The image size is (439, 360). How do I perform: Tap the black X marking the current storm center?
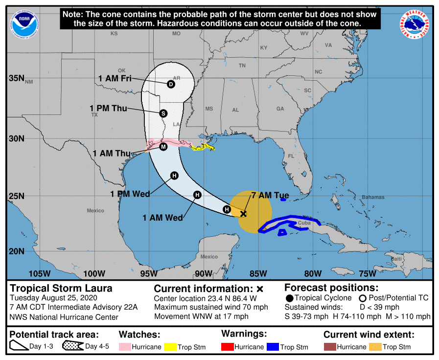coord(243,213)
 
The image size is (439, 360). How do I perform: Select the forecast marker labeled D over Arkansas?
coord(171,84)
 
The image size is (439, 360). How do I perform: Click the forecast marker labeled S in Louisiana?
coord(163,113)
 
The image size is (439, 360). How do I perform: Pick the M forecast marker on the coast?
coord(163,146)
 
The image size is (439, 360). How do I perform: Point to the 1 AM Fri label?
coord(115,78)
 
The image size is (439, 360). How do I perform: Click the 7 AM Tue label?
coord(270,195)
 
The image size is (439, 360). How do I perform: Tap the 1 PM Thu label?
coord(108,108)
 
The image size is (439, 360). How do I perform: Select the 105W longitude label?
coord(40,273)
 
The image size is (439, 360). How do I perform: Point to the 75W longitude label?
coord(367,273)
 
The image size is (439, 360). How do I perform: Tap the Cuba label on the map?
coord(304,223)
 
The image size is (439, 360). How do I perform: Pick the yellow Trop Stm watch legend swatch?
coord(171,347)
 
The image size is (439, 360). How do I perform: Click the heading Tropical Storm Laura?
coord(61,288)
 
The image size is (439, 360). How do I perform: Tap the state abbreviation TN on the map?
coord(242,66)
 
